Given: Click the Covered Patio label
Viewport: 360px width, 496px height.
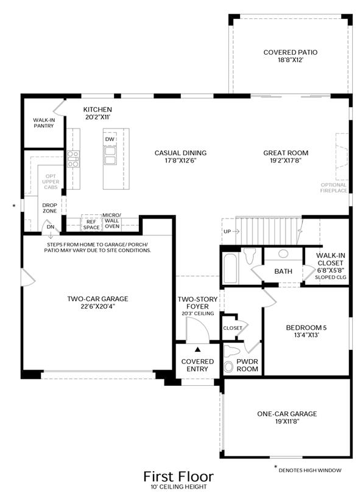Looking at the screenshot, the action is point(291,52).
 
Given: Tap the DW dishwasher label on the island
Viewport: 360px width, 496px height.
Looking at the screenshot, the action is point(110,139).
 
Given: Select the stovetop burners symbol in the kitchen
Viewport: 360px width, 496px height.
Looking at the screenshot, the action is point(73,159).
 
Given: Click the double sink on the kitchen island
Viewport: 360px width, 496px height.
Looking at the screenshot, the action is point(110,155).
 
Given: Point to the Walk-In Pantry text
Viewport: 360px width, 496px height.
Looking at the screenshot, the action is point(44,123).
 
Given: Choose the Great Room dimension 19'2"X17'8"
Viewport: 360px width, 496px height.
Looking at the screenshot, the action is point(286,161).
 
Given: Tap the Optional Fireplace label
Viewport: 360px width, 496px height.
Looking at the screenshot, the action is point(333,187).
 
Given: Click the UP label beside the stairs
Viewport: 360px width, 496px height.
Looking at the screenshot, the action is point(227,231).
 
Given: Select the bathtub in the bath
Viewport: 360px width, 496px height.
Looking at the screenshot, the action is point(230,268).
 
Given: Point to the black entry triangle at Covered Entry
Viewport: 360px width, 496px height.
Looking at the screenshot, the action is point(198,349).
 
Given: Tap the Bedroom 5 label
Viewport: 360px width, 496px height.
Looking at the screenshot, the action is point(306,327).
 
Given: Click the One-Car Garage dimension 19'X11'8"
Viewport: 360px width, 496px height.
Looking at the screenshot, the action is point(288,421).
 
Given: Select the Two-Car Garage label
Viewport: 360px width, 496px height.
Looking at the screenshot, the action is point(97,299).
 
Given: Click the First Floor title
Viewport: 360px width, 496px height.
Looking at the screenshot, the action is point(178,477).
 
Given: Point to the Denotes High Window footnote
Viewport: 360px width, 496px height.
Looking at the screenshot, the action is point(310,470).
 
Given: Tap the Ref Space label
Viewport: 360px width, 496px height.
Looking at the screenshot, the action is point(91,225).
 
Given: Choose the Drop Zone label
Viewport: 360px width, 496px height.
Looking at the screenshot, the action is point(50,208).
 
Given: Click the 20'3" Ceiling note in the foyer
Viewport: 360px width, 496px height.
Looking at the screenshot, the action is point(198,313).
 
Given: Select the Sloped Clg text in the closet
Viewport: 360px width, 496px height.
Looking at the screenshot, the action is point(331,277).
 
